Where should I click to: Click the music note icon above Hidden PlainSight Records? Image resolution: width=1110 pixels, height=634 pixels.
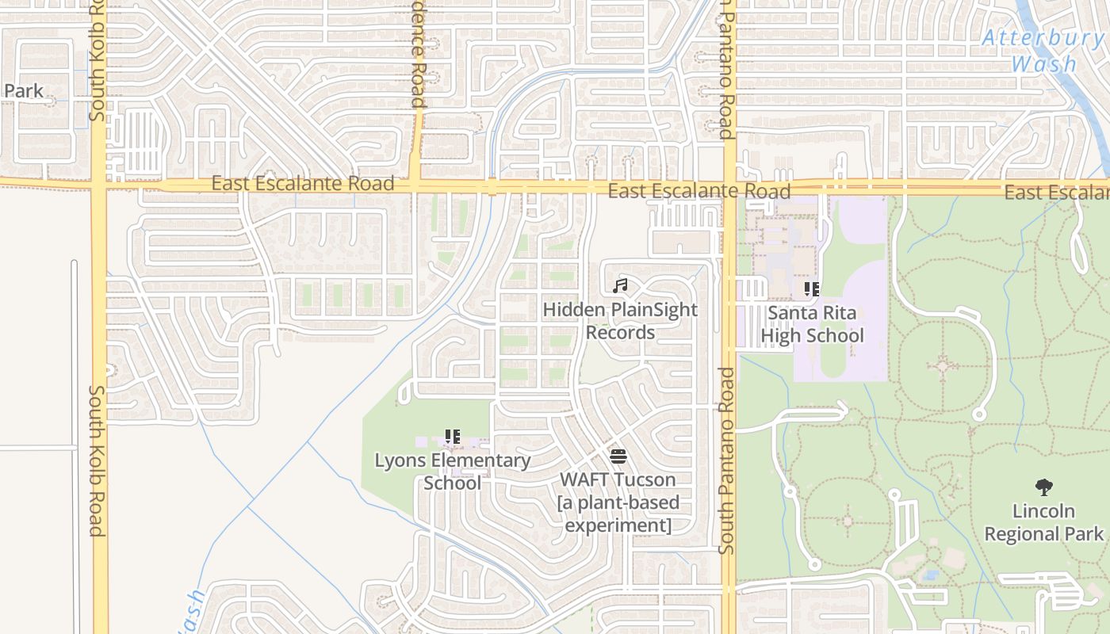(620, 285)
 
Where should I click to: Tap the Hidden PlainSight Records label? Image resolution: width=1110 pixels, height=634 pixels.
(620, 321)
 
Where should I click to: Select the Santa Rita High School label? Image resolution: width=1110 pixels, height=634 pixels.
(812, 324)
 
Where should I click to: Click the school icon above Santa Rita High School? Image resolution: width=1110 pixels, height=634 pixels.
(811, 289)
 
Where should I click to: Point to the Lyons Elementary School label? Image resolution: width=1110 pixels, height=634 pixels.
(452, 472)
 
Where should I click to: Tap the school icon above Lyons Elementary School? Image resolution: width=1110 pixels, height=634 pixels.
(453, 437)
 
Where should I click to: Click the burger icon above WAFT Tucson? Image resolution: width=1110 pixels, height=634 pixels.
(618, 456)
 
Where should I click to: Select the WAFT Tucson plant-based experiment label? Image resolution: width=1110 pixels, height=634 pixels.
(618, 502)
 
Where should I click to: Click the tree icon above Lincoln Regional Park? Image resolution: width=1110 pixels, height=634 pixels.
(1043, 487)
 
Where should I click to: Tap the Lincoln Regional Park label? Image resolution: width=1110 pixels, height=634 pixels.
(1043, 522)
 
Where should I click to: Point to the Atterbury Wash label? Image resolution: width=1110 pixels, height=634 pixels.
(1043, 50)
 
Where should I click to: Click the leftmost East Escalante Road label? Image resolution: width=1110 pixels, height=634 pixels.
(302, 184)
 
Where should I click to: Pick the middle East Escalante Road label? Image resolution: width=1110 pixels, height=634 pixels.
(699, 191)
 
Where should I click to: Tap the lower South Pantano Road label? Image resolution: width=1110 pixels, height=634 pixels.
(726, 460)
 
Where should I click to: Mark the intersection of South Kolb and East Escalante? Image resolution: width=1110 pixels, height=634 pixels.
(98, 186)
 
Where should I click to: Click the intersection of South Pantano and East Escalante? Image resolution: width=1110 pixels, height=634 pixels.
(729, 190)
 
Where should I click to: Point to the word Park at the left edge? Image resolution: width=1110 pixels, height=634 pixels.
(23, 91)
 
